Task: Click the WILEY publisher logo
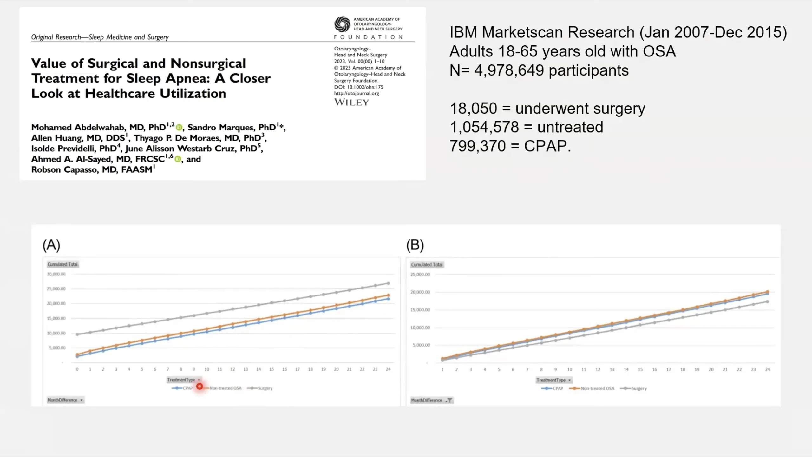pyautogui.click(x=351, y=102)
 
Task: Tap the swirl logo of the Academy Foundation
pyautogui.click(x=342, y=24)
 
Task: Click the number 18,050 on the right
pyautogui.click(x=473, y=109)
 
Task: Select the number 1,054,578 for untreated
pyautogui.click(x=484, y=127)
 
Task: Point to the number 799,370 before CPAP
pyautogui.click(x=478, y=146)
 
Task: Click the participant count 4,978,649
pyautogui.click(x=509, y=70)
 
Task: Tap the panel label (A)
pyautogui.click(x=51, y=245)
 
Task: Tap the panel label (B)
pyautogui.click(x=415, y=245)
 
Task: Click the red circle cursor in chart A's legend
pyautogui.click(x=200, y=387)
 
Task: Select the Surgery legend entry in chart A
pyautogui.click(x=260, y=388)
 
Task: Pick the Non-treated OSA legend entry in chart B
pyautogui.click(x=592, y=388)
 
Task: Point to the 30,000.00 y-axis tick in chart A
pyautogui.click(x=56, y=274)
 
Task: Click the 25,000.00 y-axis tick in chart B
pyautogui.click(x=420, y=275)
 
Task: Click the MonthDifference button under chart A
pyautogui.click(x=65, y=400)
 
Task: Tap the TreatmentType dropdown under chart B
pyautogui.click(x=554, y=380)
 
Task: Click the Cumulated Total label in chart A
pyautogui.click(x=62, y=264)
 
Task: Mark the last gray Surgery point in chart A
pyautogui.click(x=388, y=283)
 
